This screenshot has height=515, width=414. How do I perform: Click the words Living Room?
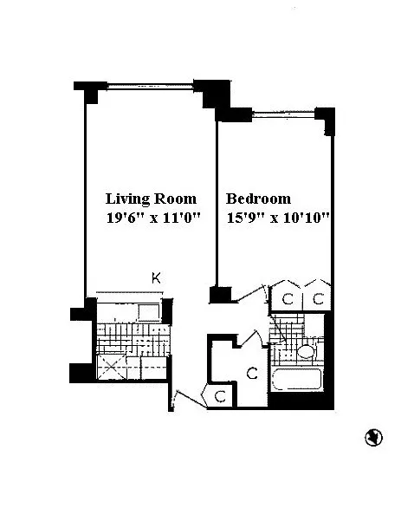(x=151, y=199)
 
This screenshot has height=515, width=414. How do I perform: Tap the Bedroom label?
(x=258, y=199)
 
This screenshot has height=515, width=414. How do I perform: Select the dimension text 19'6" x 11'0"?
(x=153, y=218)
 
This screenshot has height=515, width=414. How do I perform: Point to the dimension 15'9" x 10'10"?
(x=278, y=218)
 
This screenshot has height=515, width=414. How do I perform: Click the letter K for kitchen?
(x=156, y=278)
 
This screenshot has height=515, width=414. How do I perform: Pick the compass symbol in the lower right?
(x=373, y=438)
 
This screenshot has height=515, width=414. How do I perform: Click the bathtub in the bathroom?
(x=296, y=380)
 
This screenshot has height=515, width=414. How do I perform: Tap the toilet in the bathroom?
(x=307, y=351)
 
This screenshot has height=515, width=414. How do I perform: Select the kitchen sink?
(x=149, y=312)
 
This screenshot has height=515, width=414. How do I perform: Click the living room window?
(x=150, y=86)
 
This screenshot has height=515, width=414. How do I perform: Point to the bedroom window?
(x=283, y=114)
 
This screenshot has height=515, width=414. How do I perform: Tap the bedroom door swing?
(x=251, y=293)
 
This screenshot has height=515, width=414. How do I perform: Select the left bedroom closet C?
(x=288, y=298)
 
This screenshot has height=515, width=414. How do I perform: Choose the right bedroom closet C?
(x=318, y=298)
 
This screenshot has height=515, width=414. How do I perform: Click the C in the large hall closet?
(x=252, y=373)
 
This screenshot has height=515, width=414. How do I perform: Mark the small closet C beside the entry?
(x=220, y=396)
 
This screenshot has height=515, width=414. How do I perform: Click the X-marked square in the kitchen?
(x=112, y=367)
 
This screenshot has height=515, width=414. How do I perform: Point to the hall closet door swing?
(x=252, y=338)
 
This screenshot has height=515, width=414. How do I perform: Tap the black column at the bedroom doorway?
(x=221, y=295)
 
